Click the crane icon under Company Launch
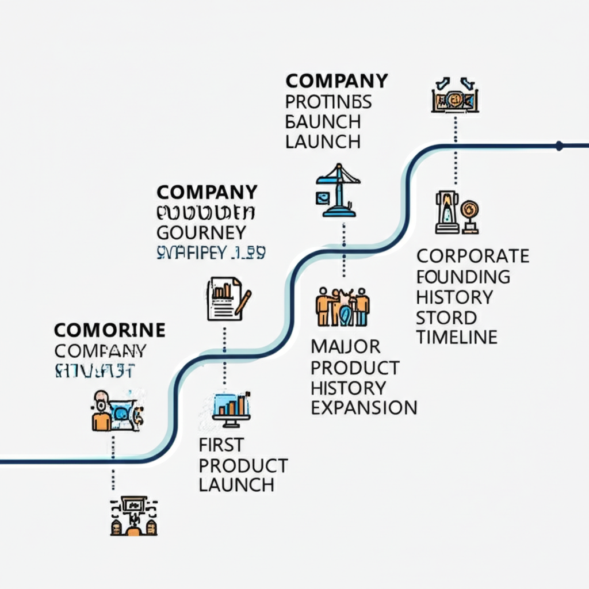click(x=338, y=190)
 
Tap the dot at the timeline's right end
click(x=559, y=146)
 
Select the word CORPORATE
click(x=473, y=255)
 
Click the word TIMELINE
click(x=457, y=337)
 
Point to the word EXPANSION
click(x=364, y=407)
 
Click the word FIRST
click(x=221, y=444)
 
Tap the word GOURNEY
click(x=201, y=232)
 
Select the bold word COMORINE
click(x=110, y=330)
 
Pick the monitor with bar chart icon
click(x=231, y=410)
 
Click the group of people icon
click(x=343, y=307)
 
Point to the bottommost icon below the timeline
click(x=133, y=516)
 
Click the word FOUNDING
click(x=463, y=276)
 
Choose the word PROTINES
click(x=328, y=101)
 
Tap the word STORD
click(x=446, y=317)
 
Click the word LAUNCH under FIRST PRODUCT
click(x=236, y=484)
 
